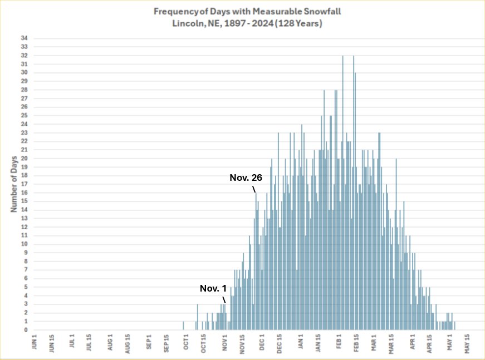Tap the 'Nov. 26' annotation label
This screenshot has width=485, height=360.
pyautogui.click(x=246, y=178)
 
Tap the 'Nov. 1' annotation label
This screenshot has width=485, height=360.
pyautogui.click(x=213, y=289)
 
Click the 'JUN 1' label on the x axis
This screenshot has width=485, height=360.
pyautogui.click(x=35, y=341)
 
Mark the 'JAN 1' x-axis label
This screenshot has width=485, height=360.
pyautogui.click(x=301, y=341)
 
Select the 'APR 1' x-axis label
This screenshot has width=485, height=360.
pyautogui.click(x=413, y=341)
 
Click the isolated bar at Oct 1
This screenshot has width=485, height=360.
pyautogui.click(x=183, y=326)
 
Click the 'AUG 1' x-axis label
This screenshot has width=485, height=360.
pyautogui.click(x=110, y=341)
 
